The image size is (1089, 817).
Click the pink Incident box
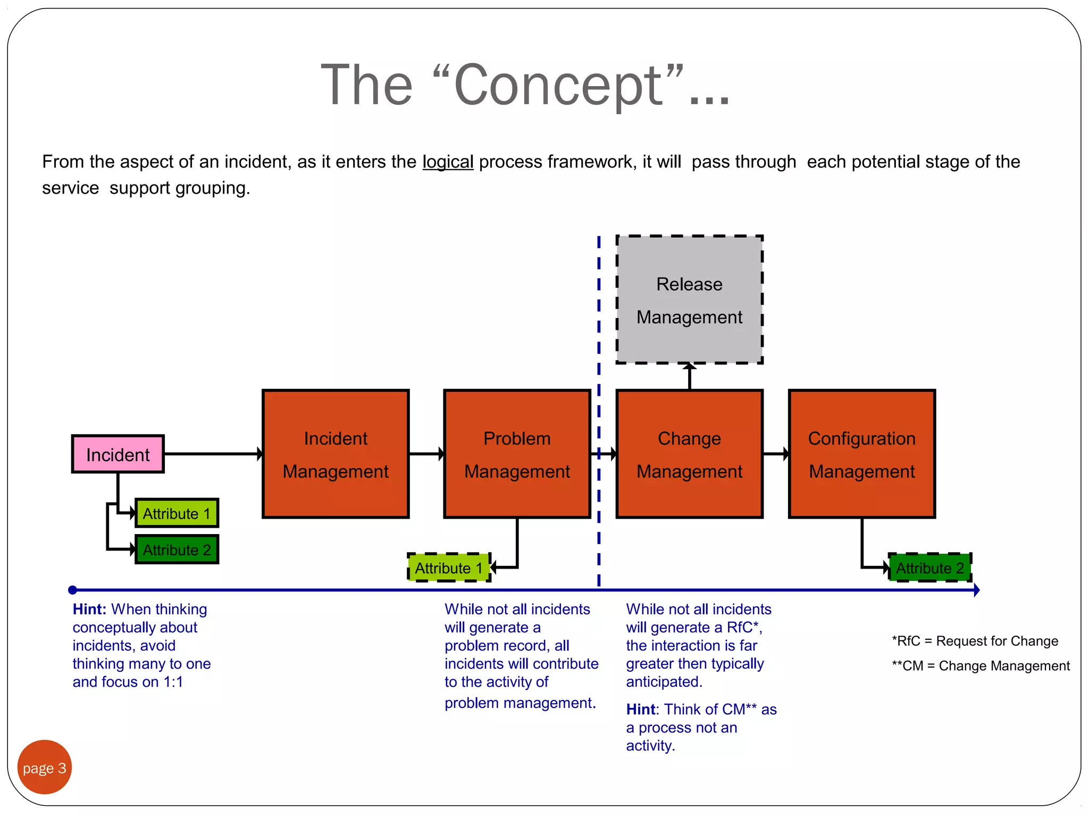118,454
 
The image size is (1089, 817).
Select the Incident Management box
336,454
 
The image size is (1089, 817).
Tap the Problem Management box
517,454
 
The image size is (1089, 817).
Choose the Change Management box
689,454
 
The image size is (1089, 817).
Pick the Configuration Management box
861,454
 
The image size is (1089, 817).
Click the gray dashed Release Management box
689,300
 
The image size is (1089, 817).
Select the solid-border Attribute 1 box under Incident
177,513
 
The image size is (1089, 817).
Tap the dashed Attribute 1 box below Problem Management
449,568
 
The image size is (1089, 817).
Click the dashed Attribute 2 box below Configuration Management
929,568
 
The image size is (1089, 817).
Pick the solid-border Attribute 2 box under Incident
177,549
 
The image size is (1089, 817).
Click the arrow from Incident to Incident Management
213,454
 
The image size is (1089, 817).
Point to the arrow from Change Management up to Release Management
689,377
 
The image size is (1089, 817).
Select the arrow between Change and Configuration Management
776,454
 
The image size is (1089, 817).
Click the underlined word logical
448,162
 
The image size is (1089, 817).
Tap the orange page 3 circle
45,767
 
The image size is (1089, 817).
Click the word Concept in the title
558,85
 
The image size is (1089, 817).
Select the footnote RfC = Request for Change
975,641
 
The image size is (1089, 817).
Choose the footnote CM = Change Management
981,665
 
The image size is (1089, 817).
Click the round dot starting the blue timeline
73,590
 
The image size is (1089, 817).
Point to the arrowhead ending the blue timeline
976,590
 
